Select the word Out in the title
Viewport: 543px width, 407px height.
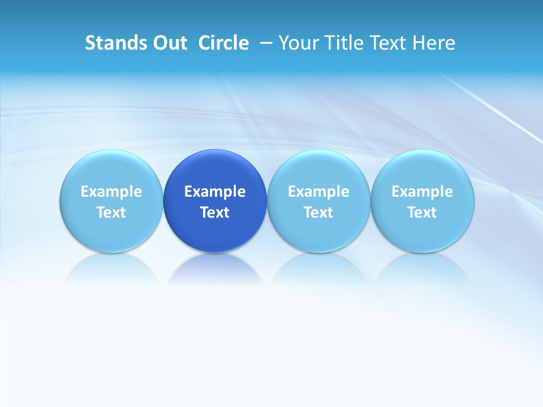coord(169,43)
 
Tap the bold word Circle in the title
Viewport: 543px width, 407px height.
coord(223,43)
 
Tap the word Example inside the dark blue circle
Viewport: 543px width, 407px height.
coord(215,192)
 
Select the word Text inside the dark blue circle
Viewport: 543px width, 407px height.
coord(215,213)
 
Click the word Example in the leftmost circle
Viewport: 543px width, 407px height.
coord(111,192)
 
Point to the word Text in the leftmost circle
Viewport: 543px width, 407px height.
coord(111,213)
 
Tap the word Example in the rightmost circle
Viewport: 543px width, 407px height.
coord(423,192)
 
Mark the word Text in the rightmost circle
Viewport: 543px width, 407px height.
coord(423,213)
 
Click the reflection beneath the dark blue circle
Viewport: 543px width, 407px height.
coord(215,269)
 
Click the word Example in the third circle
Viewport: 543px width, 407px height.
coord(318,192)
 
